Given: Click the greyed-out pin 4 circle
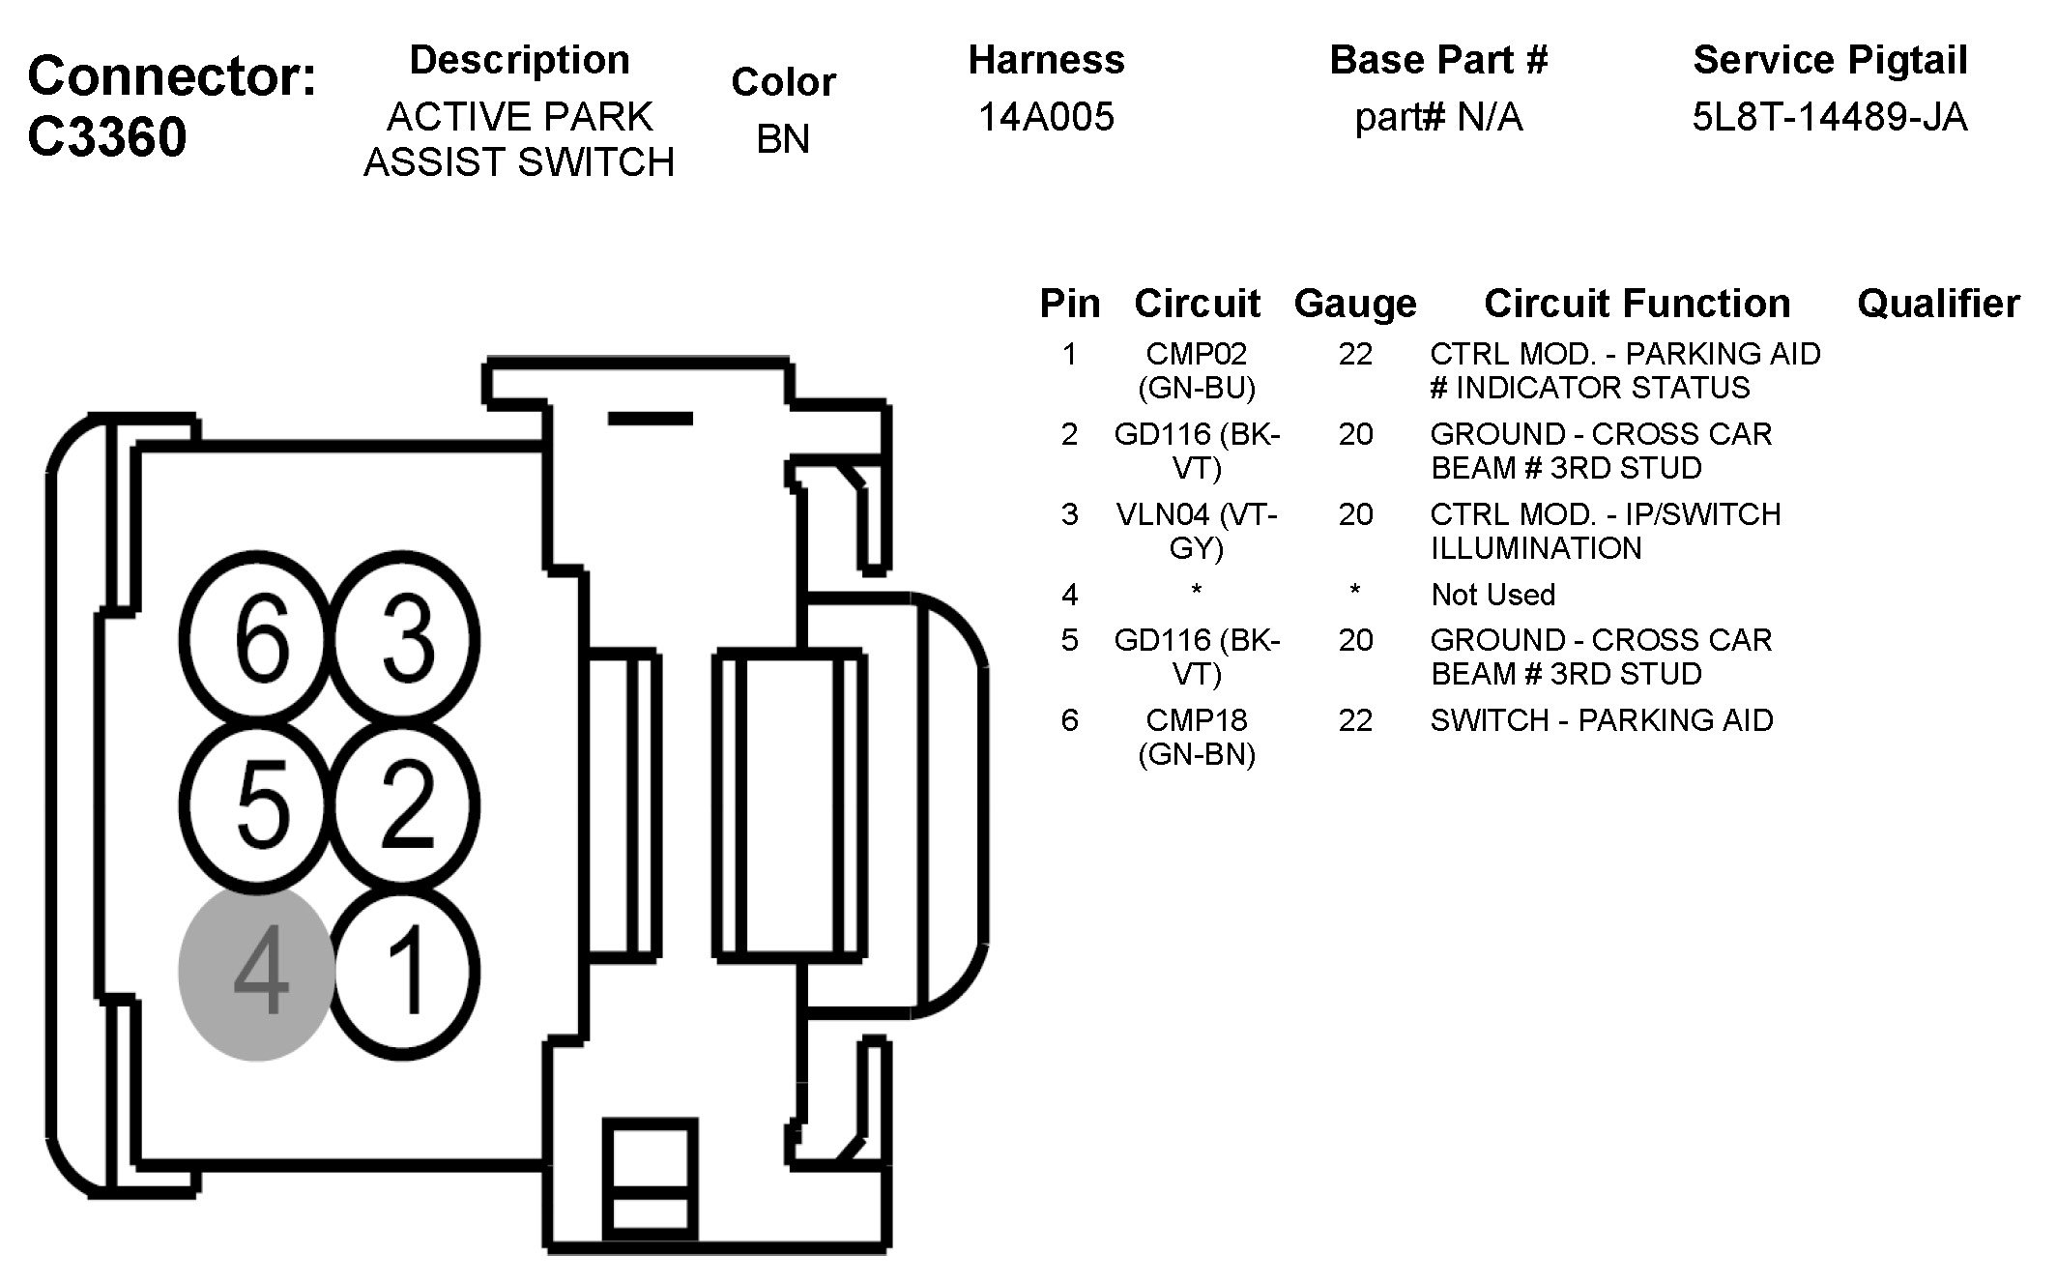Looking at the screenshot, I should click(258, 973).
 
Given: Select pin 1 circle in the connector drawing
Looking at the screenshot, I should click(406, 971).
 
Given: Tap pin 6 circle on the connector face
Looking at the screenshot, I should click(259, 638).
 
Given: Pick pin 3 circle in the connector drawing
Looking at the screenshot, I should click(406, 638).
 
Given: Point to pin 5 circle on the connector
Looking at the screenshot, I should click(259, 805).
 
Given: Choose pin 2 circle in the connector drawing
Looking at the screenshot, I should click(406, 805).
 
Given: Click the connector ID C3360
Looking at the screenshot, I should click(106, 136).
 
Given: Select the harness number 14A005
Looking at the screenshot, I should click(1046, 117).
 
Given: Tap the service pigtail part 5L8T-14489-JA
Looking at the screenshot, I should click(1829, 117).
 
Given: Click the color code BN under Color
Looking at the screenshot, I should click(782, 139).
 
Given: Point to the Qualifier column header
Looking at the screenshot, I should click(1937, 304).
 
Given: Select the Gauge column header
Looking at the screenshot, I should click(1354, 304).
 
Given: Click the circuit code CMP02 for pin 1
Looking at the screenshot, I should click(1197, 354).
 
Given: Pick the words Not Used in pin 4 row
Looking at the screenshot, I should click(1492, 595).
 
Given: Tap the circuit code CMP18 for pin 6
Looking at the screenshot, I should click(1197, 720).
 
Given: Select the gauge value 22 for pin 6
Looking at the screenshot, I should click(1355, 720).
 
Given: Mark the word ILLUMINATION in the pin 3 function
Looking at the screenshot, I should click(1536, 548).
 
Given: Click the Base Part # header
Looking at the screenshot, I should click(1438, 60).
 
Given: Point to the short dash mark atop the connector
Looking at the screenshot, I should click(650, 419).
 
